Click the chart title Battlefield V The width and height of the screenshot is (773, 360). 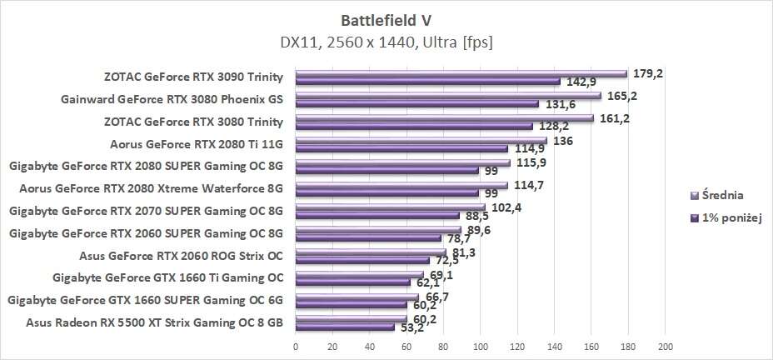tap(386, 17)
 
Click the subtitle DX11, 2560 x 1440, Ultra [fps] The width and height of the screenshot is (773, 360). tap(386, 39)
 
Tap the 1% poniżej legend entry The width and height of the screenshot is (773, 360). tap(721, 218)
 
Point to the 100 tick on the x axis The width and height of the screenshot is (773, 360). tap(480, 346)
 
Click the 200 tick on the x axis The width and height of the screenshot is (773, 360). tap(665, 346)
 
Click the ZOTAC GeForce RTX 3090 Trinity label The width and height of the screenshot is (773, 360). tap(193, 77)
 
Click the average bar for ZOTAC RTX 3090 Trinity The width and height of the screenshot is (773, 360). tap(461, 73)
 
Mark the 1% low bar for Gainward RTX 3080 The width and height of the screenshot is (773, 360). tap(416, 104)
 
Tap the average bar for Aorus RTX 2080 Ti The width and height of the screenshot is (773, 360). tap(421, 140)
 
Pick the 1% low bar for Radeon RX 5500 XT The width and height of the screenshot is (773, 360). tap(345, 327)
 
